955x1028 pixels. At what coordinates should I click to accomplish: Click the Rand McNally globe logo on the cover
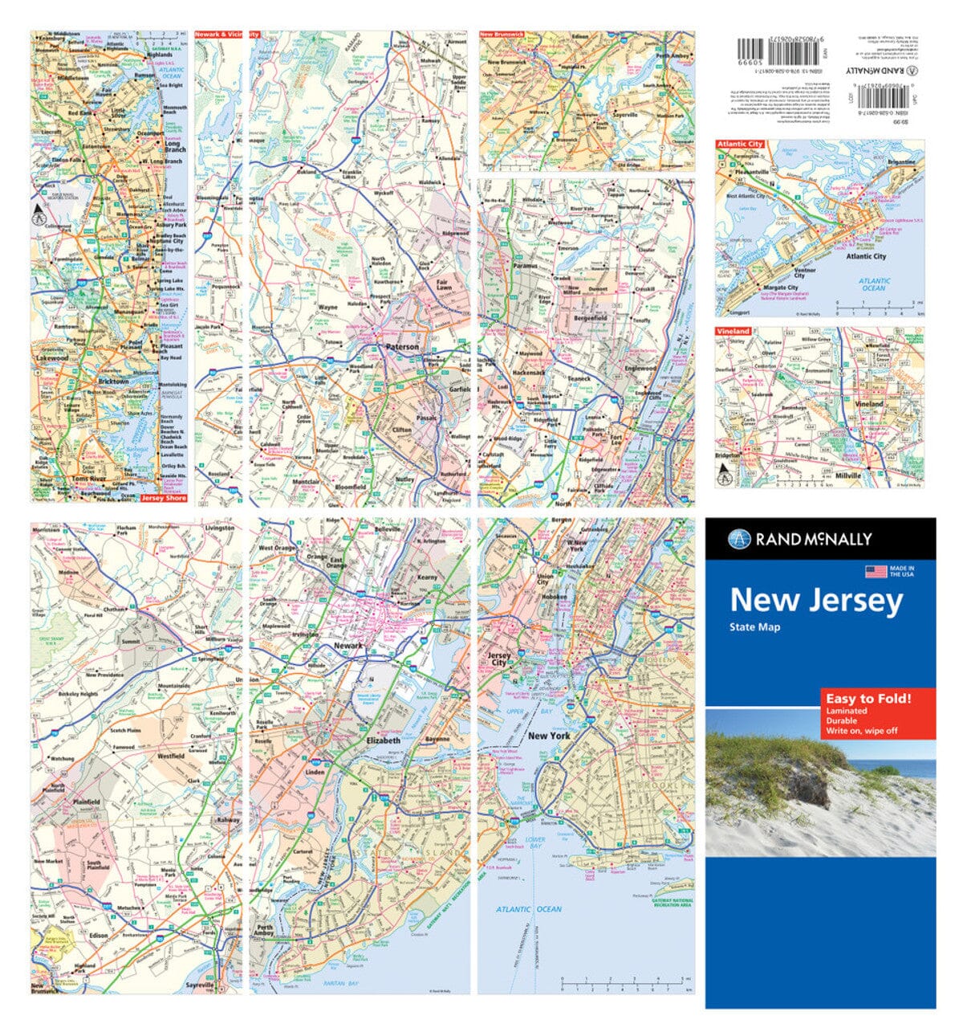pyautogui.click(x=739, y=539)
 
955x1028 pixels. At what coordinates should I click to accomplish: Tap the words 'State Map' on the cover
pyautogui.click(x=754, y=627)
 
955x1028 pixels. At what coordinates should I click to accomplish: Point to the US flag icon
pyautogui.click(x=876, y=571)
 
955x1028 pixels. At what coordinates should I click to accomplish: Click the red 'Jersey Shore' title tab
pyautogui.click(x=163, y=498)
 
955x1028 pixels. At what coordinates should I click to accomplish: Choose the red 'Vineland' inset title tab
pyautogui.click(x=734, y=331)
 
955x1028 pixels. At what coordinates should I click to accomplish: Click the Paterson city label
pyautogui.click(x=402, y=347)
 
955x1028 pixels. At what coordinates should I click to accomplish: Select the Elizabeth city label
pyautogui.click(x=383, y=740)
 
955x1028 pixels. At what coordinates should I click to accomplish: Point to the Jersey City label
pyautogui.click(x=499, y=659)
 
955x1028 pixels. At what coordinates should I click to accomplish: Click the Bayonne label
pyautogui.click(x=437, y=738)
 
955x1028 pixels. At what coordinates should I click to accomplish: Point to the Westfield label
pyautogui.click(x=171, y=757)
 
